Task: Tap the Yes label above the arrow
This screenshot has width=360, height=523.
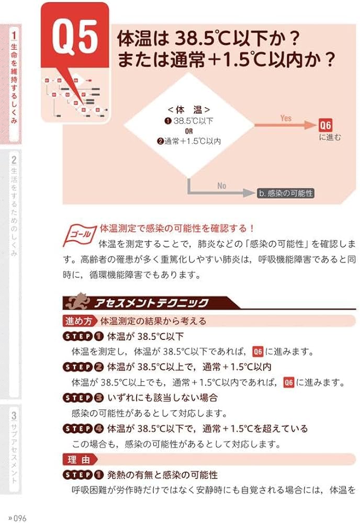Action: point(286,118)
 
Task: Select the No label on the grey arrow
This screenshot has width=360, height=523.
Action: point(222,186)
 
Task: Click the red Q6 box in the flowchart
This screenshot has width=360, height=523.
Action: point(325,126)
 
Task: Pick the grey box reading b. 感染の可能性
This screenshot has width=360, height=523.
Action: point(286,193)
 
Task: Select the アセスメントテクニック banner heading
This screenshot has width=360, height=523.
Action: point(152,303)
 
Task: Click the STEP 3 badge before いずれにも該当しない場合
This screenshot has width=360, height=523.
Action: point(83,399)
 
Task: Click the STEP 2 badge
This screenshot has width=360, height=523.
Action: point(83,367)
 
